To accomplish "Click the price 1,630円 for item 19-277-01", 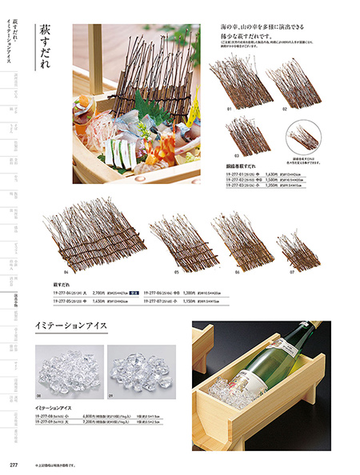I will (x=271, y=174).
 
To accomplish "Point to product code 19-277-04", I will (x=67, y=293).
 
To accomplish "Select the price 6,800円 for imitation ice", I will (x=101, y=416).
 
